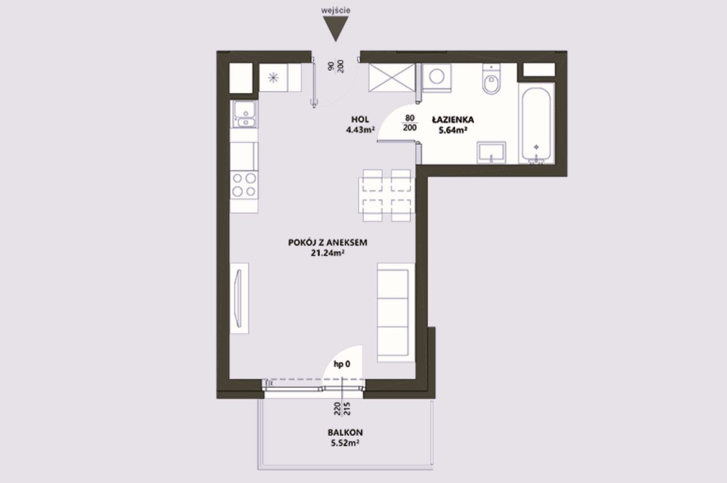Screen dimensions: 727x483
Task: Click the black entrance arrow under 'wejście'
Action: (x=335, y=29)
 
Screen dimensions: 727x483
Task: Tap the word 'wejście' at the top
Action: (x=335, y=10)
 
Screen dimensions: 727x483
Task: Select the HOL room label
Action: (x=360, y=120)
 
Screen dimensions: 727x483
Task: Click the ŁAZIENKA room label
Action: (x=453, y=120)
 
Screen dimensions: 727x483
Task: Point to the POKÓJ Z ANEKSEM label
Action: (x=328, y=242)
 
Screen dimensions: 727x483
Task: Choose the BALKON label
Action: (x=346, y=433)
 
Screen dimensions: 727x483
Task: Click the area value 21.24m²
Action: (x=328, y=253)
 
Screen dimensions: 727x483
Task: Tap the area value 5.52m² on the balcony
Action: (x=346, y=443)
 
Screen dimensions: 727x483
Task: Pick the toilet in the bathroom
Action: (x=491, y=80)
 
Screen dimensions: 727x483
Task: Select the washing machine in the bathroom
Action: (x=436, y=76)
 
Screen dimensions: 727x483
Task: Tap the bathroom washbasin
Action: (x=491, y=153)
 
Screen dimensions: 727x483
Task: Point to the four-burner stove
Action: (x=244, y=185)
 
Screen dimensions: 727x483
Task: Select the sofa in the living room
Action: (x=394, y=312)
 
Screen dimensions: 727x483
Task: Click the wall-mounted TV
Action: (x=239, y=298)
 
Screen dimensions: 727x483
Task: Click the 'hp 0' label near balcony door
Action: (x=342, y=365)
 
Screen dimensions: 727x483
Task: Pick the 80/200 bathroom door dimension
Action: (x=410, y=123)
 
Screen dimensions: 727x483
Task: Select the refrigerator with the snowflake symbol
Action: (x=274, y=78)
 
